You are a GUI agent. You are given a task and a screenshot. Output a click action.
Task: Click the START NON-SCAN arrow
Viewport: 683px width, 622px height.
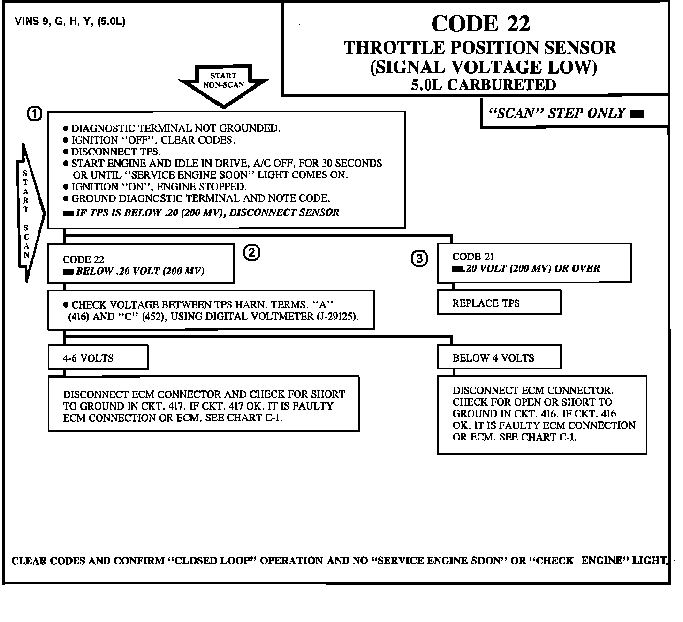pos(224,84)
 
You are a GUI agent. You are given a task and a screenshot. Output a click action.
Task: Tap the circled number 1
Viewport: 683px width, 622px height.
pos(34,114)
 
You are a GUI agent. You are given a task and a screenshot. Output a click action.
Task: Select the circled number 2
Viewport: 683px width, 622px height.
pos(251,253)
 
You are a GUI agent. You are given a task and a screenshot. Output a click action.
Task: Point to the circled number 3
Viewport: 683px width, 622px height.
pos(419,258)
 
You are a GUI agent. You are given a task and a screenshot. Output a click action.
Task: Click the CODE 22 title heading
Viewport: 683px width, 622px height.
pos(480,24)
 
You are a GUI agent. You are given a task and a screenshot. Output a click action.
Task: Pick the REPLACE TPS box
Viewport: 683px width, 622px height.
pos(499,303)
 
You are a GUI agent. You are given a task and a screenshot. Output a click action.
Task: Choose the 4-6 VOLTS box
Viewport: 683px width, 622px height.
pos(98,358)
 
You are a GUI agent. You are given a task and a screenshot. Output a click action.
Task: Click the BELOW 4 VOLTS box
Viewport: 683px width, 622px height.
pos(499,358)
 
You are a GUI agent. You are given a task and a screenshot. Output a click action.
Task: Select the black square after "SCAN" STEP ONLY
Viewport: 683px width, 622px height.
pos(637,114)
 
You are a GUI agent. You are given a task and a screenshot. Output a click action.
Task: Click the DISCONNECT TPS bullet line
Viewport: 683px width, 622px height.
pos(116,152)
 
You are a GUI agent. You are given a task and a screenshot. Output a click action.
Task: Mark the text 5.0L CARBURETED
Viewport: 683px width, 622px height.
pos(483,85)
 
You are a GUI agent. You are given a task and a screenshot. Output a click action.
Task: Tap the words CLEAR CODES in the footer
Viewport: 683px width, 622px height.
pos(48,561)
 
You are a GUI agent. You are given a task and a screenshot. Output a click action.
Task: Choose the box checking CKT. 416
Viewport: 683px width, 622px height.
pos(542,414)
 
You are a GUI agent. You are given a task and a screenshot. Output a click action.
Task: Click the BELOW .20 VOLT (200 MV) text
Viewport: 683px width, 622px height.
pos(140,272)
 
